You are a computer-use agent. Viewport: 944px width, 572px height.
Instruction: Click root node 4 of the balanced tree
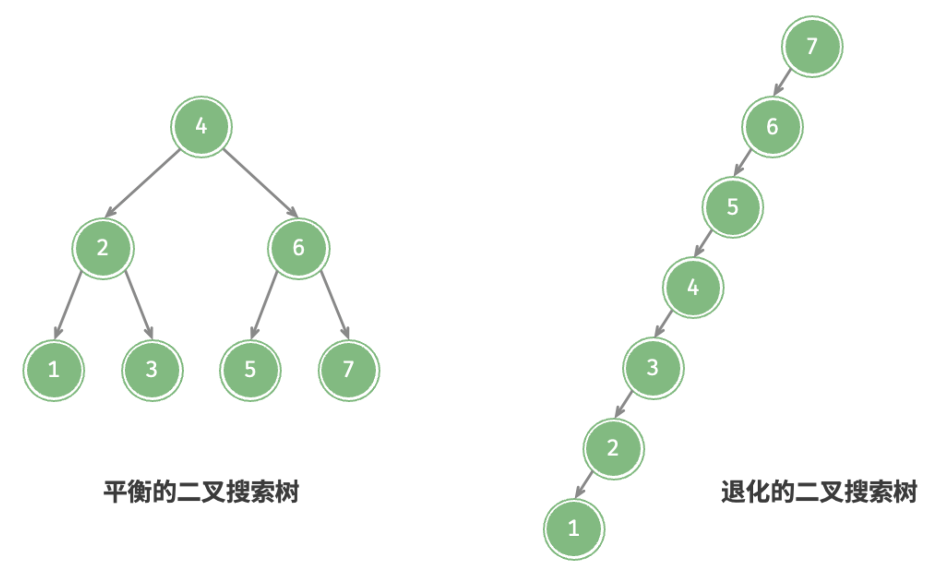[202, 127]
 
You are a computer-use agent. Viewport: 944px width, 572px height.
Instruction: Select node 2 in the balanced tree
[103, 248]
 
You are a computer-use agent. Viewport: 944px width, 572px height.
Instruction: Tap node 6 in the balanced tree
[299, 248]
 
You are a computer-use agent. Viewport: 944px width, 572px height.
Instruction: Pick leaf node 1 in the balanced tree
[54, 370]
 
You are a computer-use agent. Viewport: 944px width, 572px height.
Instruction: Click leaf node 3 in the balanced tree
[152, 370]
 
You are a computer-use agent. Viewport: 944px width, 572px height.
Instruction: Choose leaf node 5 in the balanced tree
[250, 370]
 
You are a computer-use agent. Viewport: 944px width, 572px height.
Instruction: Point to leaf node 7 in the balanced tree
[349, 370]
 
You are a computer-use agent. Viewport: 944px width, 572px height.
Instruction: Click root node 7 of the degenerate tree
[812, 46]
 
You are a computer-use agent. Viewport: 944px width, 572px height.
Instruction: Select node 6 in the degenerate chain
[773, 127]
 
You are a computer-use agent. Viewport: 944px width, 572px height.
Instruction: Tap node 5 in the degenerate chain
[733, 207]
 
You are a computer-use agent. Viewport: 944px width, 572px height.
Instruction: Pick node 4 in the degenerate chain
[693, 288]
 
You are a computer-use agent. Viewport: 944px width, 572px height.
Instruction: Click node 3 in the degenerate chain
[654, 368]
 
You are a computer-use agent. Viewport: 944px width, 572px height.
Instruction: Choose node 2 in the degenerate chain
[614, 449]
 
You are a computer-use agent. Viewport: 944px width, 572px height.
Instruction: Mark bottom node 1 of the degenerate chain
[574, 529]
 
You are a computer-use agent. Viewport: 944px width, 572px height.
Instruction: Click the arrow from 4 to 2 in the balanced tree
[142, 183]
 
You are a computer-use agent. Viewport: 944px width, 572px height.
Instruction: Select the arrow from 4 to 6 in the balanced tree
[261, 183]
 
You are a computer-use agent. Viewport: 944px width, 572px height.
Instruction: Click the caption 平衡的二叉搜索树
[202, 492]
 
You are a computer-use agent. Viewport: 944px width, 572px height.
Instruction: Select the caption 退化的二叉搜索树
[819, 492]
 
